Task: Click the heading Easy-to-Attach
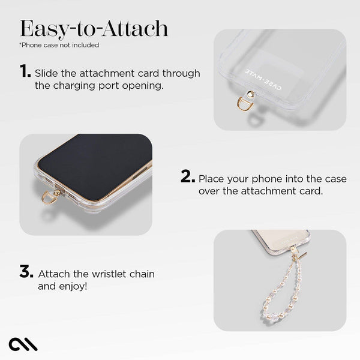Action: (94, 28)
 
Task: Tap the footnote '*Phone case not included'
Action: (59, 45)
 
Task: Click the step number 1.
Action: (25, 72)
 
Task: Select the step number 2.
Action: (188, 178)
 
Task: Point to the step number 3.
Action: (26, 272)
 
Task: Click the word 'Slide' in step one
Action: (47, 73)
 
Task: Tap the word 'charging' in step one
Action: (76, 86)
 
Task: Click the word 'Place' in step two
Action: (212, 179)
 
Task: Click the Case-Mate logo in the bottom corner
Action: (23, 344)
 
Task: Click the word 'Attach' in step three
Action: (54, 274)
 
